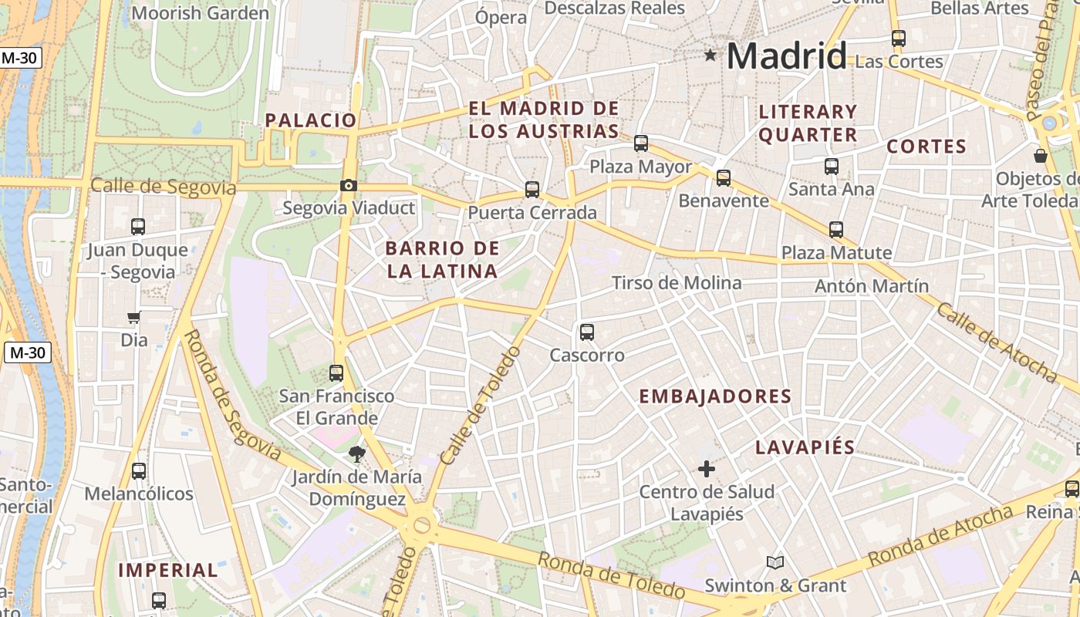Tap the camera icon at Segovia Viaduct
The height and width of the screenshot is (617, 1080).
tap(349, 185)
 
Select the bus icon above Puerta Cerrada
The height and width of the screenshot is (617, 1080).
tap(532, 189)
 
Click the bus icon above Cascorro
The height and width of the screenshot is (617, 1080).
tap(587, 332)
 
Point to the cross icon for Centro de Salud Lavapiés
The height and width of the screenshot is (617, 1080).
tap(707, 468)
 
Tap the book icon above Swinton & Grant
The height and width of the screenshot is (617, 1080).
tap(775, 562)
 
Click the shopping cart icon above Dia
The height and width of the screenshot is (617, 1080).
tap(134, 317)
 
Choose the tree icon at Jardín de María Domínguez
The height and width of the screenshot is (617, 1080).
tap(356, 453)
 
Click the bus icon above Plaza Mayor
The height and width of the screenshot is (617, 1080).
tap(641, 143)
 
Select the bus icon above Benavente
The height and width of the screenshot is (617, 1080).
tap(724, 178)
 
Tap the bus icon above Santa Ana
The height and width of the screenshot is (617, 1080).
tap(832, 166)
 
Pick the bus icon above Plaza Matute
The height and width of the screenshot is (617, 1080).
tap(836, 229)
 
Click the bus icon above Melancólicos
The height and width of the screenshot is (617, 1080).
tap(139, 470)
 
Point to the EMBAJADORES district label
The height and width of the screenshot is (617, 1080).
tap(715, 396)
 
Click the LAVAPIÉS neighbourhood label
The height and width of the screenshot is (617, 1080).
tap(805, 447)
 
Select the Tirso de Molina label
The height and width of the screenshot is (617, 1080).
tap(677, 283)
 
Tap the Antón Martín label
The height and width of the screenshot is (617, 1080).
tap(872, 286)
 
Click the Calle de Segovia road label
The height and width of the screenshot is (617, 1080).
tap(164, 187)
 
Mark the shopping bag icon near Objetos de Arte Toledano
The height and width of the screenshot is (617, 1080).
tap(1041, 156)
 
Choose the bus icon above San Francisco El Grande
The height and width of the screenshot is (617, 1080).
tap(336, 373)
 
